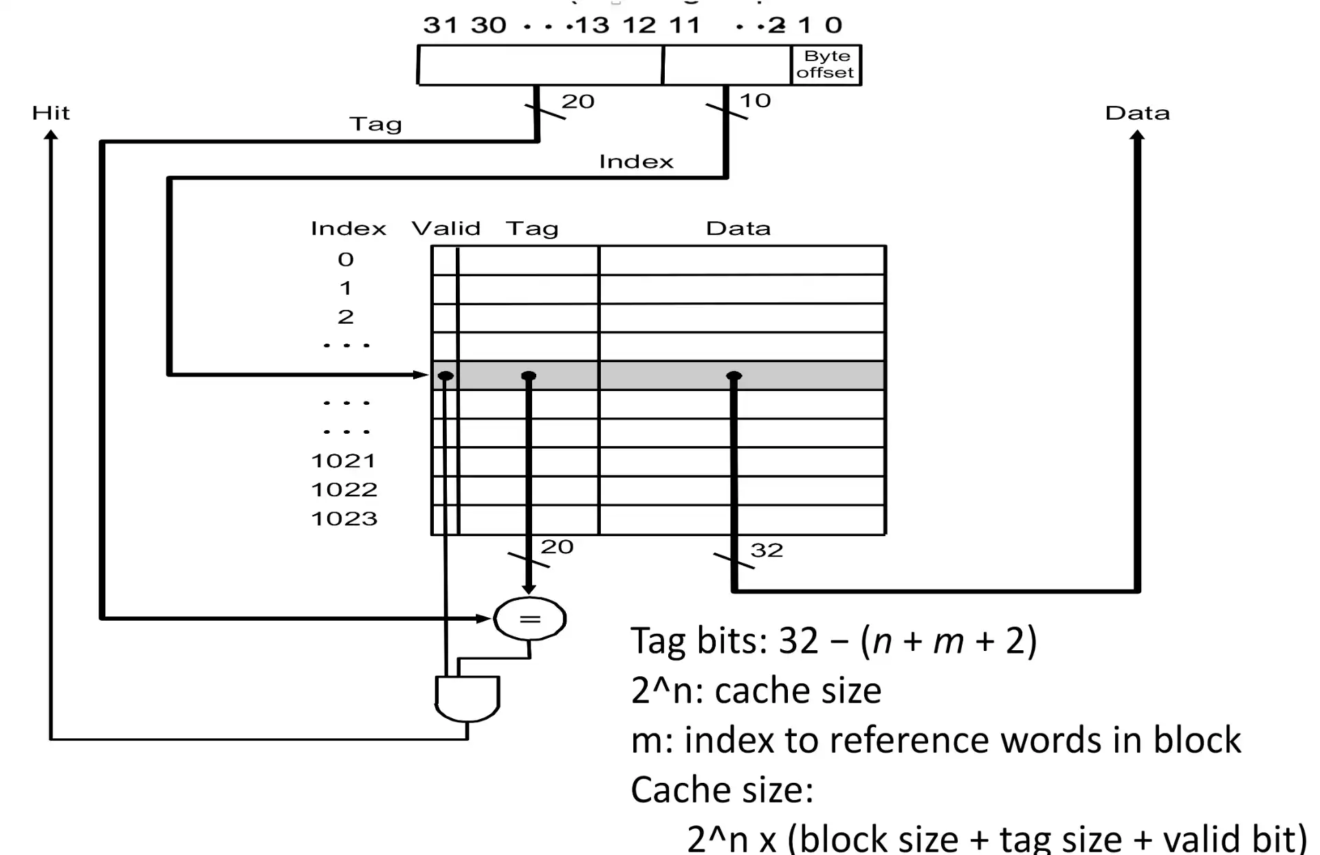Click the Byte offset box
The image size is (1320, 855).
pyautogui.click(x=826, y=65)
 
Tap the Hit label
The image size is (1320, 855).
pyautogui.click(x=51, y=113)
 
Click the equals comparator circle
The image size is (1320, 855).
pyautogui.click(x=529, y=619)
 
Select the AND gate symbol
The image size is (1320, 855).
pyautogui.click(x=467, y=698)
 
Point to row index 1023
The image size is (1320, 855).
pyautogui.click(x=344, y=518)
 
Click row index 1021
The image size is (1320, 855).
pyautogui.click(x=344, y=460)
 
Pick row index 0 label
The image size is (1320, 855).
pyautogui.click(x=346, y=259)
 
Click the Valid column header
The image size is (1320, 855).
pyautogui.click(x=445, y=228)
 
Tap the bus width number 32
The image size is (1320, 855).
pyautogui.click(x=767, y=551)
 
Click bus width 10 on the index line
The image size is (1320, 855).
pyautogui.click(x=755, y=101)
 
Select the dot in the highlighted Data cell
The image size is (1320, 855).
pyautogui.click(x=734, y=376)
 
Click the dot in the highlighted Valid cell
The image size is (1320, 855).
pyautogui.click(x=445, y=376)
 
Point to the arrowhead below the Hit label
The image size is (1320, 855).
pyautogui.click(x=51, y=135)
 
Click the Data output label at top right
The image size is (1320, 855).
pyautogui.click(x=1137, y=113)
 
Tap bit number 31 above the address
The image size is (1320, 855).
pyautogui.click(x=440, y=25)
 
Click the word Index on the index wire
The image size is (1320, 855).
pyautogui.click(x=636, y=162)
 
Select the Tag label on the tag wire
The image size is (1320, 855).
pyautogui.click(x=375, y=124)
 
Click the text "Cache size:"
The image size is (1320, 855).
pyautogui.click(x=722, y=790)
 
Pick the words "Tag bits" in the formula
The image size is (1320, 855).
pyautogui.click(x=698, y=641)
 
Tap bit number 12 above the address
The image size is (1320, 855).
pyautogui.click(x=639, y=25)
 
